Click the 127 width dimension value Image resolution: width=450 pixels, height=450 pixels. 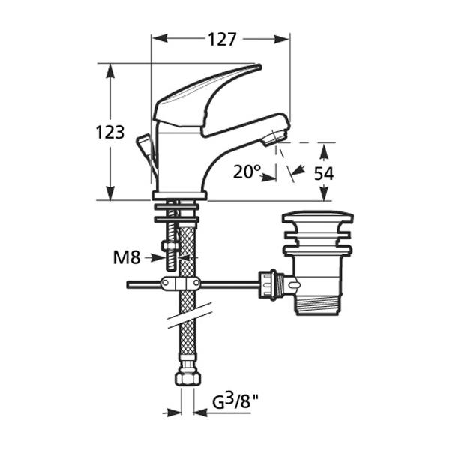[x=222, y=40]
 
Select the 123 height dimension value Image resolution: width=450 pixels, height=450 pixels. [x=110, y=133]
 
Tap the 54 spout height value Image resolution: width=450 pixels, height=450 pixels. [x=324, y=173]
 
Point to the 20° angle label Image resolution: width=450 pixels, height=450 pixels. [x=246, y=172]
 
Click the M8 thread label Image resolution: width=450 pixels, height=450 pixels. [x=127, y=257]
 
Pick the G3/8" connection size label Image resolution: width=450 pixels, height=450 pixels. [x=235, y=401]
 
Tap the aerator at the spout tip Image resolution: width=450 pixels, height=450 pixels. [x=274, y=138]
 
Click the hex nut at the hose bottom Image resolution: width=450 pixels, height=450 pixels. [x=187, y=376]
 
